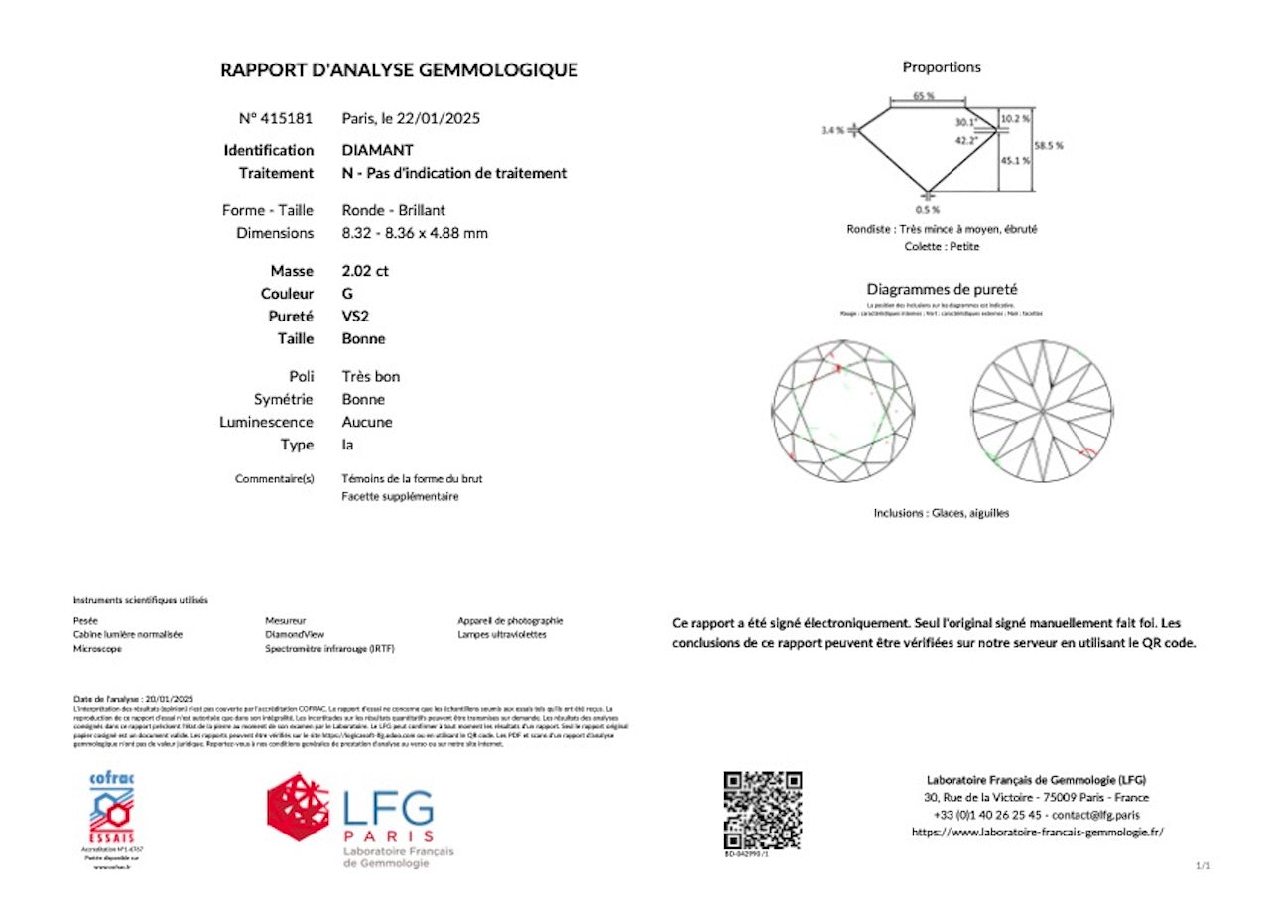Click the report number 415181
pyautogui.click(x=287, y=118)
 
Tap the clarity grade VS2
pyautogui.click(x=355, y=316)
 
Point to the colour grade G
pyautogui.click(x=347, y=294)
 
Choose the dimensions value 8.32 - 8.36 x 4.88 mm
pyautogui.click(x=415, y=233)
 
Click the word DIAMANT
pyautogui.click(x=378, y=150)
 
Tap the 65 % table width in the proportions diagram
pyautogui.click(x=924, y=96)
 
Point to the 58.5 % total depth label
pyautogui.click(x=1048, y=145)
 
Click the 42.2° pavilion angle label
pyautogui.click(x=966, y=140)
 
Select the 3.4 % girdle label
pyautogui.click(x=831, y=130)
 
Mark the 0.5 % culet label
pyautogui.click(x=928, y=210)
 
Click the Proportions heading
pyautogui.click(x=942, y=67)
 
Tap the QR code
pyautogui.click(x=762, y=809)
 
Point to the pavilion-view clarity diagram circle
pyautogui.click(x=1042, y=411)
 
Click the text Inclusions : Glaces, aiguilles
pyautogui.click(x=942, y=513)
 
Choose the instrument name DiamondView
pyautogui.click(x=295, y=634)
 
